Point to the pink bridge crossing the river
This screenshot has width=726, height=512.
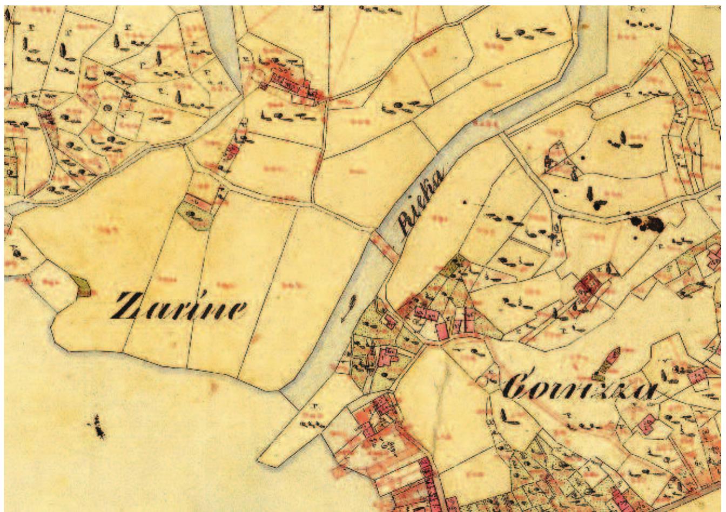pyautogui.click(x=384, y=245)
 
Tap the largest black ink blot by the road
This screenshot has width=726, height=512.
pyautogui.click(x=648, y=223)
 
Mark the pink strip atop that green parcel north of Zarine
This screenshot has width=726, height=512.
pyautogui.click(x=199, y=201)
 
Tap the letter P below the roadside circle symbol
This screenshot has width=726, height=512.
pyautogui.click(x=557, y=243)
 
